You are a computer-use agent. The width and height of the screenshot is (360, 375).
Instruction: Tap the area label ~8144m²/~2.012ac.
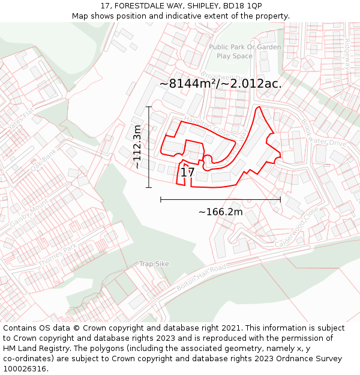click(220, 84)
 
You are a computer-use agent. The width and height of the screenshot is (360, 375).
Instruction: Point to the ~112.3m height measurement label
click(137, 146)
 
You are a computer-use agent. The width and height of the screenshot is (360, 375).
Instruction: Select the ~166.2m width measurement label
click(220, 211)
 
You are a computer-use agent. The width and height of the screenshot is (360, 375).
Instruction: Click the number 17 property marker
click(187, 173)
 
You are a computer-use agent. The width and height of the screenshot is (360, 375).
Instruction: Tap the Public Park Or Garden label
click(245, 47)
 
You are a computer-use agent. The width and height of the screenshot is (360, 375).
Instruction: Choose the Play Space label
click(235, 56)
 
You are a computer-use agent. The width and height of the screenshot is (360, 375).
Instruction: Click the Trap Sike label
click(154, 264)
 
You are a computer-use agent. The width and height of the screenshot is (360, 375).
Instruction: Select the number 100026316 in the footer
click(26, 368)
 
